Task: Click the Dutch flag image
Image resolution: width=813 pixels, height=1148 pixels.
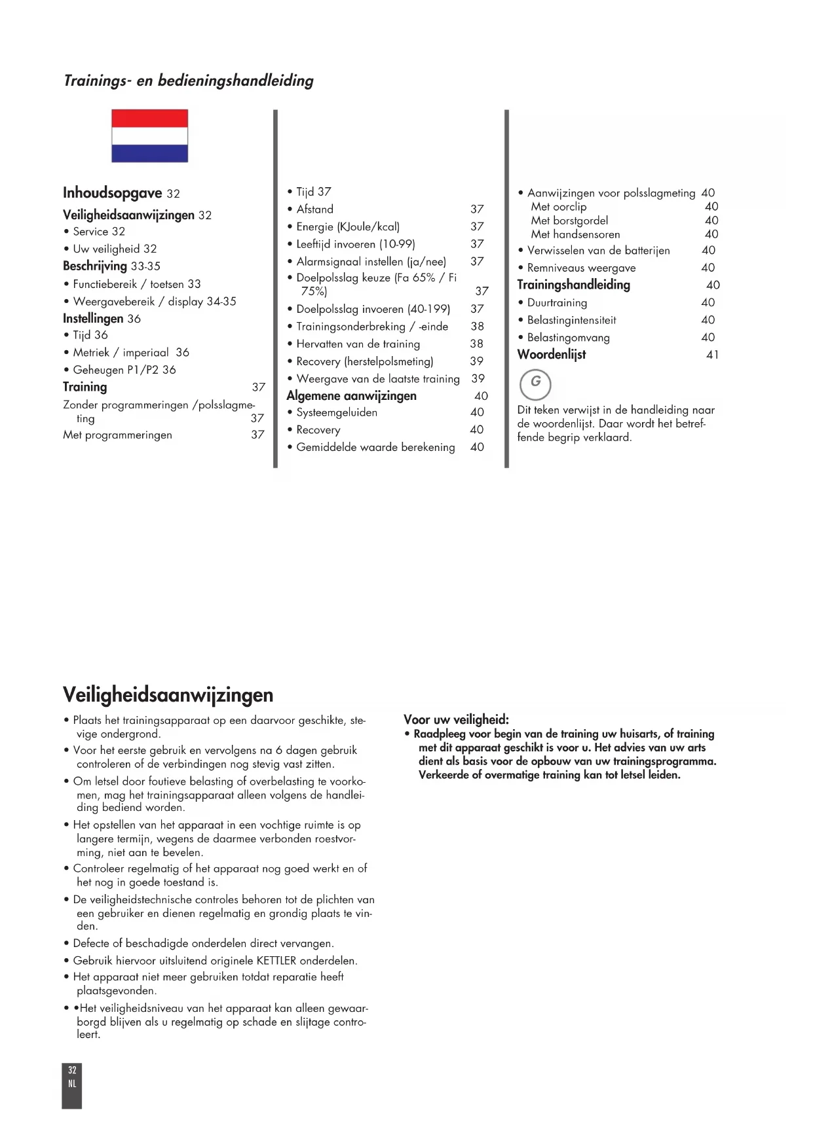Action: point(149,136)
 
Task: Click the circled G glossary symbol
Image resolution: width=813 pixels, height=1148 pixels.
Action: point(535,384)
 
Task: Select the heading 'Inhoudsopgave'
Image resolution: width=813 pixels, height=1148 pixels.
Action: point(112,193)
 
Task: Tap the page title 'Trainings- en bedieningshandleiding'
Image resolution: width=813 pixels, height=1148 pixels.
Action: point(189,81)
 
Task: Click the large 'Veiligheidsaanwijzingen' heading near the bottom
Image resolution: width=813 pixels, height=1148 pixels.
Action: point(168,694)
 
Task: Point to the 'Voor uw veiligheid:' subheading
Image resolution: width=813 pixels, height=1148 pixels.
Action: point(456,719)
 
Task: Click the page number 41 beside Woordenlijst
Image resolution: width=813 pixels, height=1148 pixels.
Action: point(712,355)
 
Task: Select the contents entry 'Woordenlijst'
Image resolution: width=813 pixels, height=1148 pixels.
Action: point(552,355)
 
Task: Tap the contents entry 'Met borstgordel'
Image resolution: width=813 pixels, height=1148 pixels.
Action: point(569,221)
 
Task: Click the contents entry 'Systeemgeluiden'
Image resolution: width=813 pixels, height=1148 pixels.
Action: point(337,412)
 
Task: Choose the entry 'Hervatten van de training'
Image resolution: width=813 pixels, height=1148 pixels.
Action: point(358,344)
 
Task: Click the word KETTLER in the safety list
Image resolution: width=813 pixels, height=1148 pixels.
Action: point(276,961)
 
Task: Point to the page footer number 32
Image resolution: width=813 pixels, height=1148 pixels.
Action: point(72,1070)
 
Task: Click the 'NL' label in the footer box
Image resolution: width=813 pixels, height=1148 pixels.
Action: point(72,1084)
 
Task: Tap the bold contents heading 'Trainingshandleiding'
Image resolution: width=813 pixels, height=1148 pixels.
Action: point(573,285)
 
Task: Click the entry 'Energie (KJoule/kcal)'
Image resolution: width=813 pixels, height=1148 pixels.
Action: point(347,226)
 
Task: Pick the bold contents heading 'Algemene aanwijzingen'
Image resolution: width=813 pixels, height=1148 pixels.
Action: point(351,396)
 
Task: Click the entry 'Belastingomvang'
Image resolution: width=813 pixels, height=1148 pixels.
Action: point(568,338)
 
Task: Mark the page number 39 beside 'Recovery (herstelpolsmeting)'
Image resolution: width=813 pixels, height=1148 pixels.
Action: point(476,361)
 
